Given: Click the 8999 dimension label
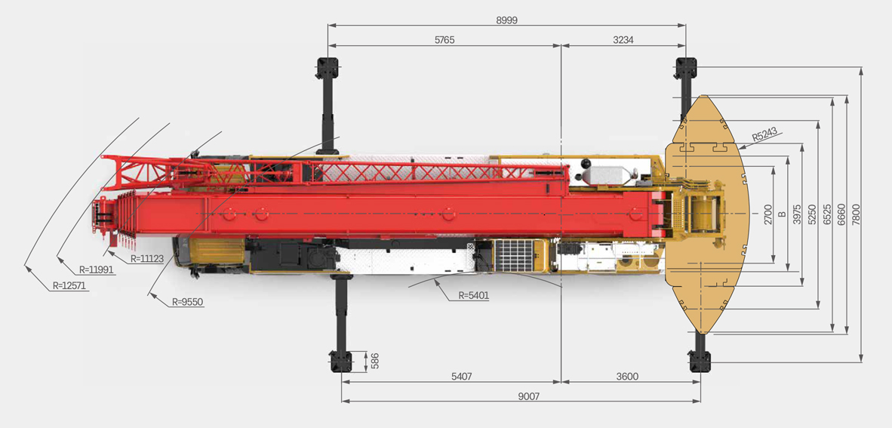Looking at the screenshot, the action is click(x=507, y=20).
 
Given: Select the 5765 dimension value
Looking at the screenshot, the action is click(x=444, y=40).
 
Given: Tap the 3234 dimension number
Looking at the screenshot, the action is click(x=623, y=40).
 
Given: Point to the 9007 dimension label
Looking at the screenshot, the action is click(x=528, y=397).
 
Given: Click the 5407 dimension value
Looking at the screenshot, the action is click(x=461, y=377).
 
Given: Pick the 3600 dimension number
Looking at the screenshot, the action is click(x=627, y=377).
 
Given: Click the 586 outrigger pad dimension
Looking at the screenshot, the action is click(x=374, y=362).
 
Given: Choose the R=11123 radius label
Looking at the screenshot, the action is click(x=146, y=258).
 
